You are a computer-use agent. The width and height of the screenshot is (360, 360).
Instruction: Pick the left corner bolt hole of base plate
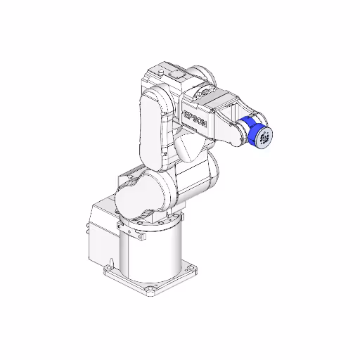pyautogui.click(x=110, y=268)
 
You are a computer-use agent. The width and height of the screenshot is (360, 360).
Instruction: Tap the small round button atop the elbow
pyautogui.click(x=162, y=72)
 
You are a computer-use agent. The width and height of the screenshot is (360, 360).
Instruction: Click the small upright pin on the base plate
pyautogui.click(x=110, y=262)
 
